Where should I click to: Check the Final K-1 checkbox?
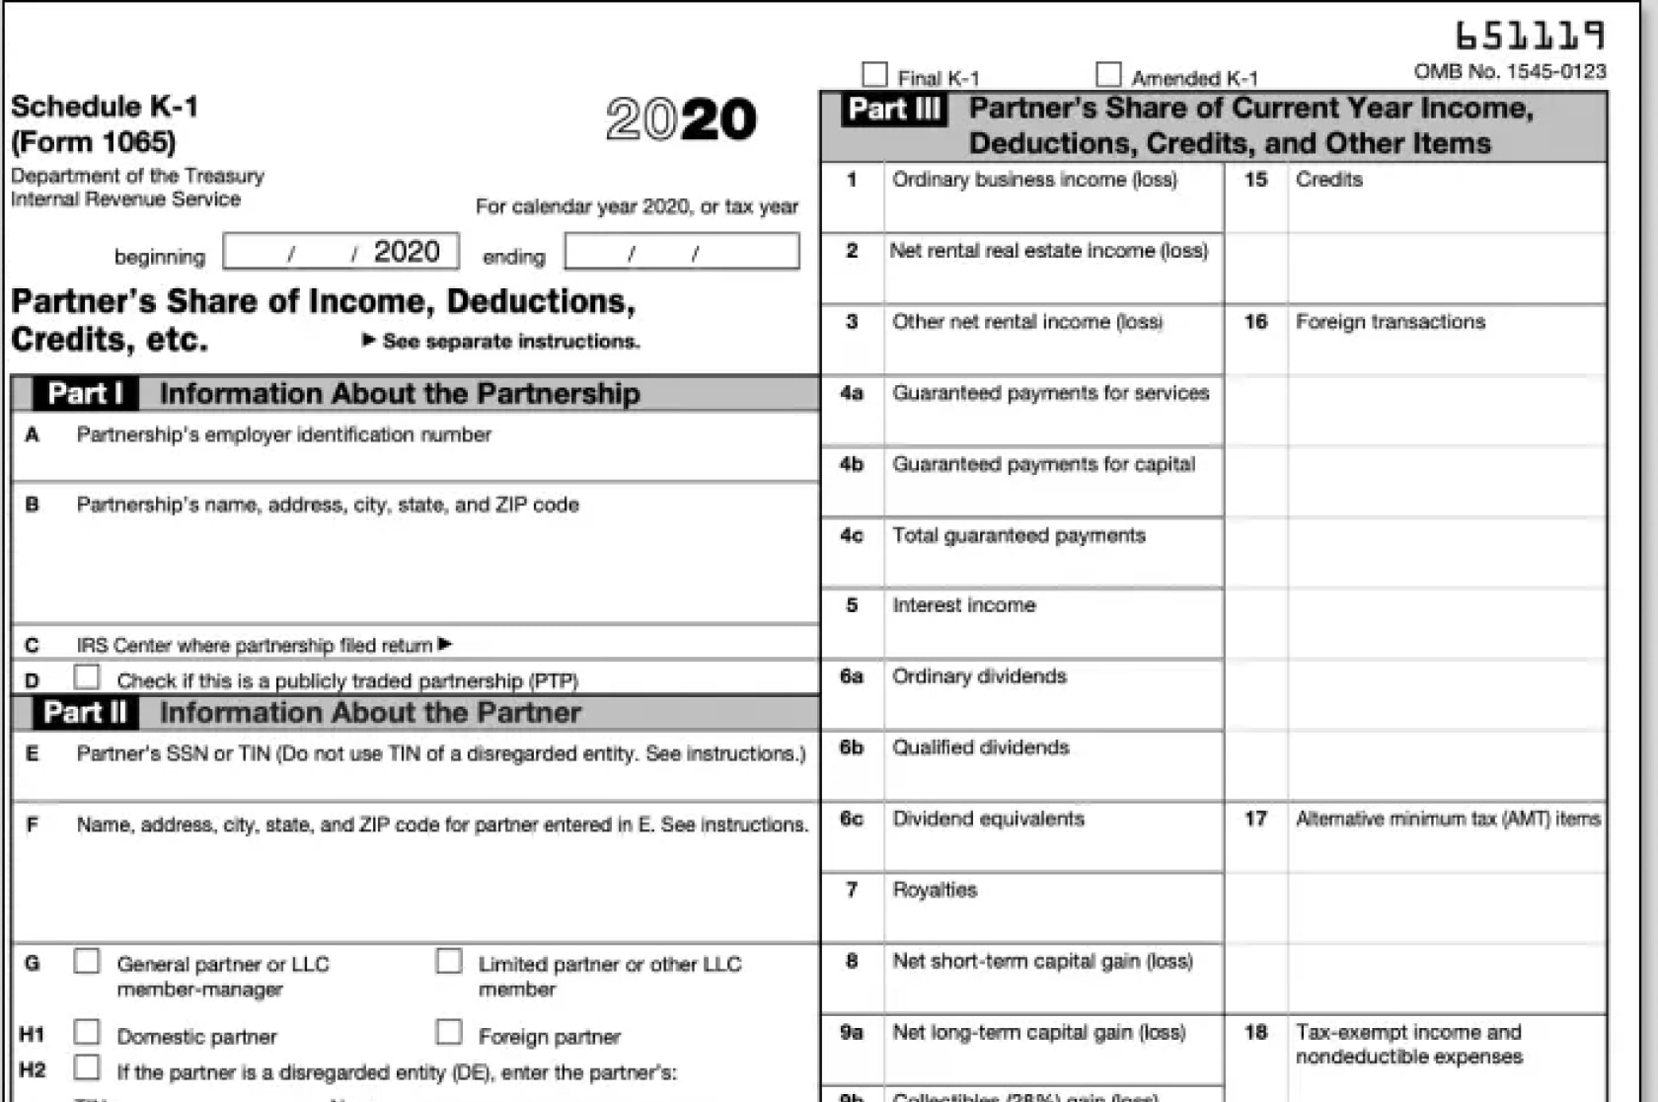(874, 75)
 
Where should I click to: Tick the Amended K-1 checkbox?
(1108, 75)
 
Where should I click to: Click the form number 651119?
(1530, 37)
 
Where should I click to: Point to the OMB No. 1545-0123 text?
(1509, 71)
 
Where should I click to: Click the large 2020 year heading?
(681, 119)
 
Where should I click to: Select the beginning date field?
(340, 252)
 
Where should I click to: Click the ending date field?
(681, 252)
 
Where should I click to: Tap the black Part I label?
(86, 393)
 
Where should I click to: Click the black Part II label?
(85, 712)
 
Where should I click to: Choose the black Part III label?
(894, 109)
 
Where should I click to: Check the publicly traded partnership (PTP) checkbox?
(87, 677)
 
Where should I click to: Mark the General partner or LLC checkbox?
(87, 961)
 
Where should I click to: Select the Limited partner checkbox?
(449, 961)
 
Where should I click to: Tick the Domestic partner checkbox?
(87, 1032)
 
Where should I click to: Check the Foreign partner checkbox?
(449, 1032)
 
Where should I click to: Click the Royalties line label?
(934, 890)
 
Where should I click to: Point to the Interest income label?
(963, 605)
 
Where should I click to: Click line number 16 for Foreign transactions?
(1255, 322)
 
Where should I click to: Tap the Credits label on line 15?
(1328, 180)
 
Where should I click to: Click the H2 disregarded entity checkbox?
(87, 1067)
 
